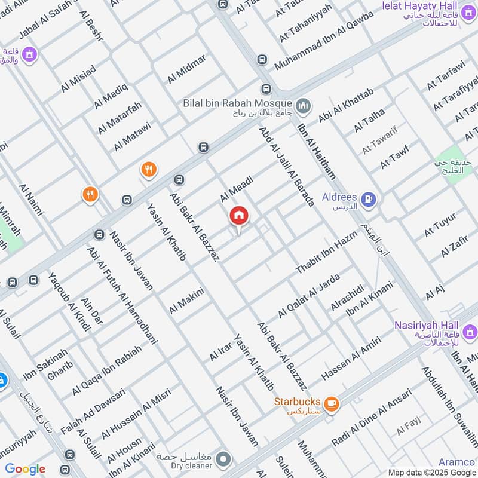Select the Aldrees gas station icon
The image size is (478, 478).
coord(370,199)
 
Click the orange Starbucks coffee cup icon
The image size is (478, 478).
coord(331,405)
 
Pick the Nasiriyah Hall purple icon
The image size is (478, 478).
coord(470,331)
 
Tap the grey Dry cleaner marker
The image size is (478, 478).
coord(224,459)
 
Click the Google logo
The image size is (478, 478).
coord(25,469)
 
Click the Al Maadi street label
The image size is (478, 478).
coord(237,188)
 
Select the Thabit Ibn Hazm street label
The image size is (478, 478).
coord(326,252)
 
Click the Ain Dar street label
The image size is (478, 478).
coord(92,311)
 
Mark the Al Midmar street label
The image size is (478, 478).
coord(187,69)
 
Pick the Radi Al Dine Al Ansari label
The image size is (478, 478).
coord(372,418)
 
